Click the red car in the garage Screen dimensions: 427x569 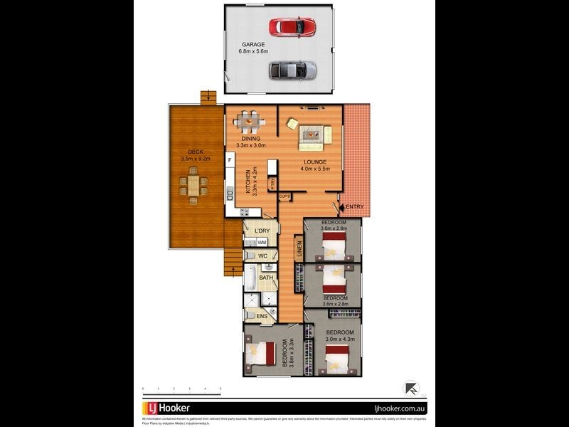[292, 26]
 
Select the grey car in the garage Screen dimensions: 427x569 [292, 70]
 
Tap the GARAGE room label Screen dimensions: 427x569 [252, 44]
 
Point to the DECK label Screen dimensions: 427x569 [196, 152]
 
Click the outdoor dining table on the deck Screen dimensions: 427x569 [193, 186]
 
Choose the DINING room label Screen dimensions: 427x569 [250, 139]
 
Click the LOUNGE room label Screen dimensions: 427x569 [314, 162]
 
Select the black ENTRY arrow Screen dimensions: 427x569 [340, 207]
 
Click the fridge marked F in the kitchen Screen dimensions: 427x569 [230, 161]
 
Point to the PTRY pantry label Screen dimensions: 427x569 [272, 183]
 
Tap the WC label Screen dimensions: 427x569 [262, 255]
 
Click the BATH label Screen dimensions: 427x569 [266, 278]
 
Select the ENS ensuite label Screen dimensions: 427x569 [262, 316]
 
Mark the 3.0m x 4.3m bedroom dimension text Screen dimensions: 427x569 [339, 340]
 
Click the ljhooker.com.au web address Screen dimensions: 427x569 [399, 408]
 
